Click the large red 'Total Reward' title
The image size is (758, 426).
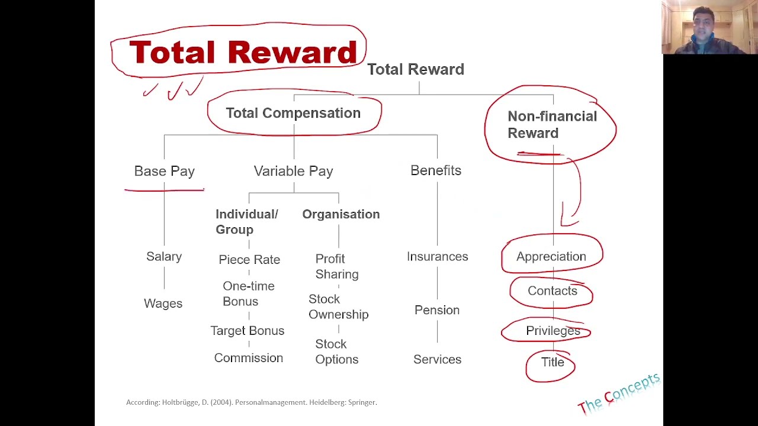point(243,53)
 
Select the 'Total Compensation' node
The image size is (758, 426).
point(293,113)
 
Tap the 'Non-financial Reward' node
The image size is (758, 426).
point(551,124)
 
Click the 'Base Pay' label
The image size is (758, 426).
point(165,171)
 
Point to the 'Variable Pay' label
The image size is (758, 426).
point(293,171)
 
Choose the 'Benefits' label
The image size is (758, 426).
point(436,170)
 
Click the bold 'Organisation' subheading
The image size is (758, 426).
point(341,214)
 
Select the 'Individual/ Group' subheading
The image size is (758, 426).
point(246,222)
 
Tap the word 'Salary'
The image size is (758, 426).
point(164,256)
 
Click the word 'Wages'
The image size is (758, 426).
point(163,303)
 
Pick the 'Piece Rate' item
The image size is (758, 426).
point(249,259)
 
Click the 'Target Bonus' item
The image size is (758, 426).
point(248,331)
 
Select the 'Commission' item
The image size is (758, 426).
point(249,358)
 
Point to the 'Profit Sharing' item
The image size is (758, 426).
point(336,266)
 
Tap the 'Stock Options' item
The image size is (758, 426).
point(336,351)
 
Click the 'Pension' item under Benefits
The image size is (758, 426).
point(437,310)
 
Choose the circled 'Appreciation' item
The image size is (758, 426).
point(551,256)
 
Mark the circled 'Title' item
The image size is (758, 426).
point(553,362)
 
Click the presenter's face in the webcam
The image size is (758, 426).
point(703,25)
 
